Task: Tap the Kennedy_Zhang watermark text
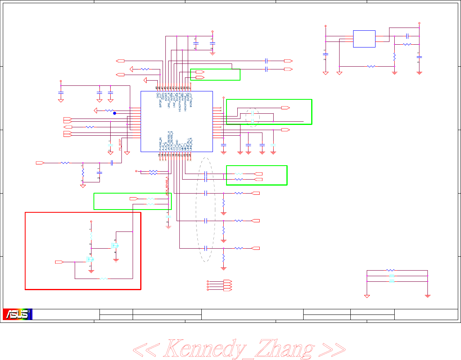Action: pyautogui.click(x=239, y=348)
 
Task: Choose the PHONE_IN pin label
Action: pyautogui.click(x=160, y=143)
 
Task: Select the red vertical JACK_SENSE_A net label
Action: pyautogui.click(x=167, y=187)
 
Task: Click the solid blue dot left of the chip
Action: pyautogui.click(x=115, y=113)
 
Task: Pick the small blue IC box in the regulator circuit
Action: pyautogui.click(x=364, y=39)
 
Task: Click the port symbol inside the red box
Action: pyautogui.click(x=59, y=262)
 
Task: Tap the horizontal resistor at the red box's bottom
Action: pyautogui.click(x=103, y=278)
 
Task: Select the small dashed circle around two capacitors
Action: pyautogui.click(x=252, y=117)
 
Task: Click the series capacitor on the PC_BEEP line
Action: pyautogui.click(x=112, y=163)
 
